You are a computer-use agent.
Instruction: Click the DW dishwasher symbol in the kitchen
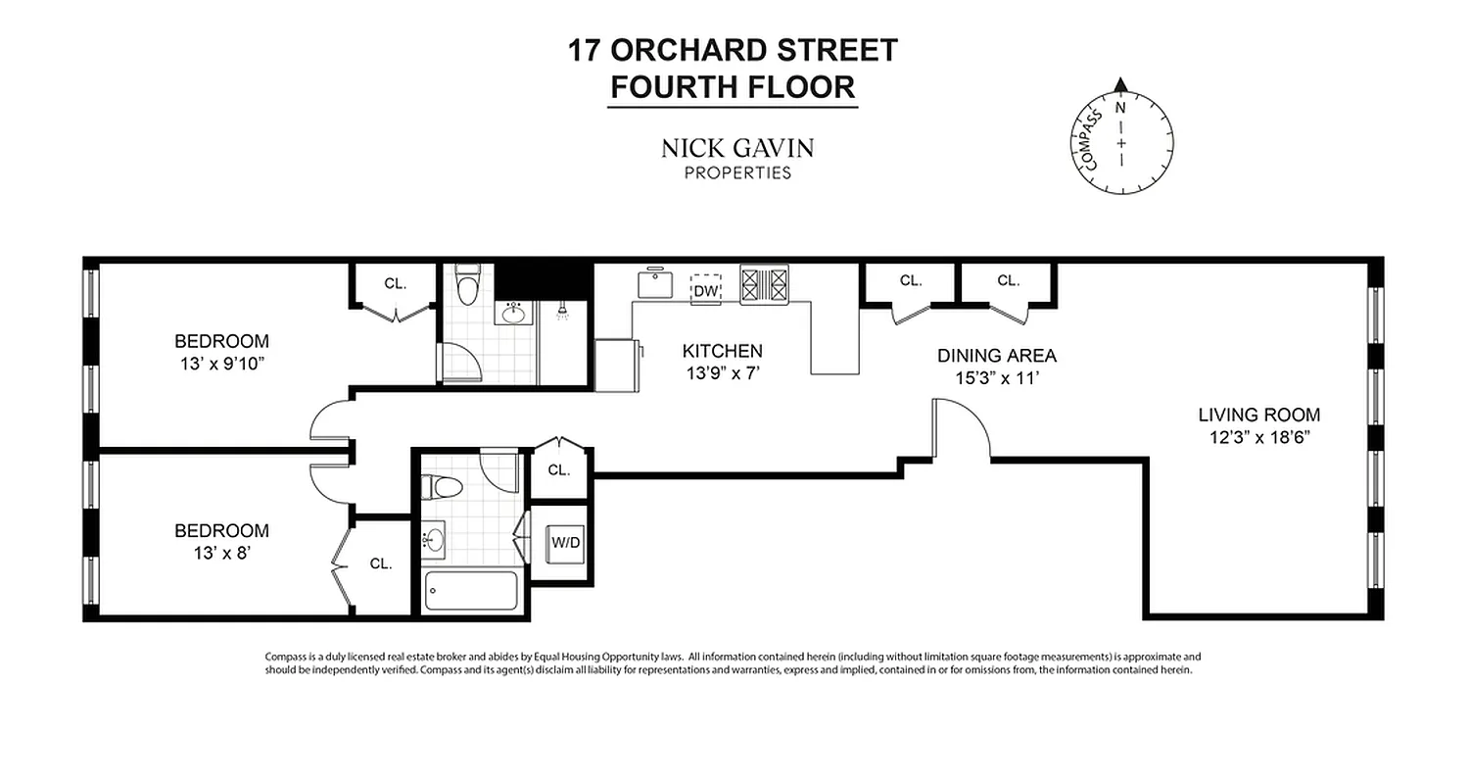pyautogui.click(x=705, y=290)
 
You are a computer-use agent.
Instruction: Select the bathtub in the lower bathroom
pyautogui.click(x=470, y=590)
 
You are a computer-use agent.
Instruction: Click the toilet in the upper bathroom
pyautogui.click(x=468, y=284)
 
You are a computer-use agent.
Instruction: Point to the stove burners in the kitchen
pyautogui.click(x=764, y=284)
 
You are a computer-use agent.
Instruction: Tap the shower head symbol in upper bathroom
pyautogui.click(x=562, y=313)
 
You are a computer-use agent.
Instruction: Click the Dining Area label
pyautogui.click(x=996, y=356)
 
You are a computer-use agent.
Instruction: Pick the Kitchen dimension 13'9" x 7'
pyautogui.click(x=722, y=372)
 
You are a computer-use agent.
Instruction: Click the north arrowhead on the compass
pyautogui.click(x=1121, y=86)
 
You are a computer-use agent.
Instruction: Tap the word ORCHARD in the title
pyautogui.click(x=715, y=50)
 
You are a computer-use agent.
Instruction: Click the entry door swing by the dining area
pyautogui.click(x=965, y=428)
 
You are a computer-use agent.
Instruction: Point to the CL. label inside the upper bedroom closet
pyautogui.click(x=395, y=283)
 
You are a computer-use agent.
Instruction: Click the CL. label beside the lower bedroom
pyautogui.click(x=381, y=563)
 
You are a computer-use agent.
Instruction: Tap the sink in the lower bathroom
pyautogui.click(x=435, y=539)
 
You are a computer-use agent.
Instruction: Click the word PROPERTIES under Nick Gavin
pyautogui.click(x=737, y=173)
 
